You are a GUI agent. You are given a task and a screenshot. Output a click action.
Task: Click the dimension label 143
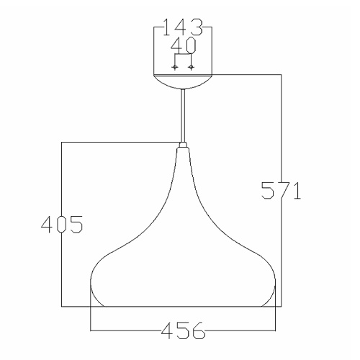click(183, 27)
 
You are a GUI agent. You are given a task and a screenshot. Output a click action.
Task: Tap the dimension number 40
click(184, 45)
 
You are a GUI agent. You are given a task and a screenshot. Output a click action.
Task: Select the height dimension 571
click(281, 191)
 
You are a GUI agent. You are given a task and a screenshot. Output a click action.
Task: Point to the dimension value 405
click(62, 225)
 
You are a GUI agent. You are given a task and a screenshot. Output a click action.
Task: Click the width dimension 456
click(183, 330)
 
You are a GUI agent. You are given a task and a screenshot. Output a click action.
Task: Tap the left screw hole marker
click(175, 67)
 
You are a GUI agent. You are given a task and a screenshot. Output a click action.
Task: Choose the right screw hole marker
click(191, 67)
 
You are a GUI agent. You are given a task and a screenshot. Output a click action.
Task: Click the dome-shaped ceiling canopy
click(183, 81)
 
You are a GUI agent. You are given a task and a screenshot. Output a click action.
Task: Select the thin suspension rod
click(183, 115)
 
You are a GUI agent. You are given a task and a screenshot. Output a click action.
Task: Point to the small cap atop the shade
click(183, 145)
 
